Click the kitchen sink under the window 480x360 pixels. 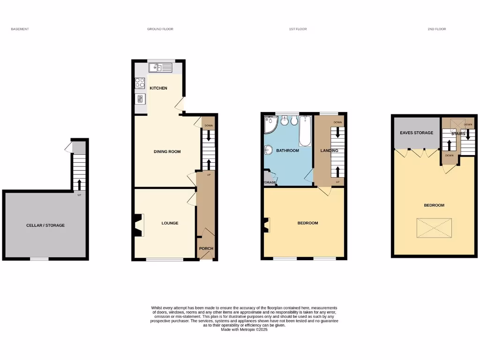pos(160,68)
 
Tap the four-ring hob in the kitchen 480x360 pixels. pos(140,83)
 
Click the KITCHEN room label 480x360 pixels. pos(158,88)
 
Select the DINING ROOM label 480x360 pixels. pos(167,151)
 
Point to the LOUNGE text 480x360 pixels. pos(170,223)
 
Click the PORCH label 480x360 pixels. pos(206,248)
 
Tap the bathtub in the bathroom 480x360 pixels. pos(305,131)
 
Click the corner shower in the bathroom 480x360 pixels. pos(270,124)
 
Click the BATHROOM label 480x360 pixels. pos(287,150)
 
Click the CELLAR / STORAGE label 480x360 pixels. pos(45,225)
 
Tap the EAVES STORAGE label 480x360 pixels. pos(416,133)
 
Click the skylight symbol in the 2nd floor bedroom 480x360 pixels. pos(434,228)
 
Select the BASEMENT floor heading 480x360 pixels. pos(20,29)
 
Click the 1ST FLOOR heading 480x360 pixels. pos(298,29)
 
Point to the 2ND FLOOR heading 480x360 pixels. pos(436,29)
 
